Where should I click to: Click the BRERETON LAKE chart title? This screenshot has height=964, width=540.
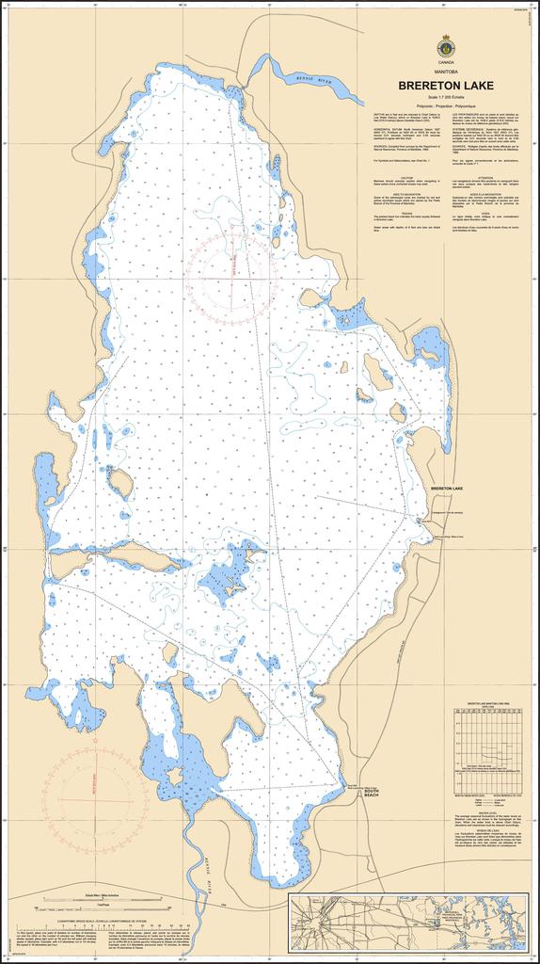pos(445,85)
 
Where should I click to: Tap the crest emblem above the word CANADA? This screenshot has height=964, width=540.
pos(445,47)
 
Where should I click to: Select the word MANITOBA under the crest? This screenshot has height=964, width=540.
pos(445,72)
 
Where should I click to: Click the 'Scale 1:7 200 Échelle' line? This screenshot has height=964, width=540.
pos(445,97)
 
